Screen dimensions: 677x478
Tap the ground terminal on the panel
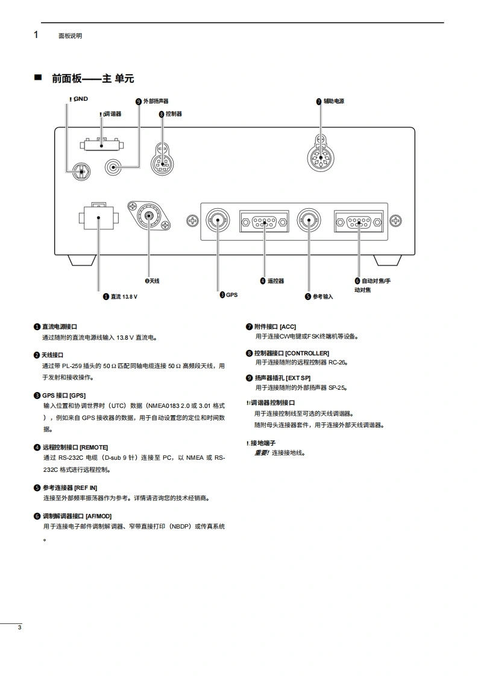pos(81,172)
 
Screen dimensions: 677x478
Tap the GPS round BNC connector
pos(218,220)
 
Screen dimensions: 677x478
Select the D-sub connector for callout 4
pos(263,221)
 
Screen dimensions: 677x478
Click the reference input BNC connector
pos(309,220)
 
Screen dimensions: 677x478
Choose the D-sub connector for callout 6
pos(359,221)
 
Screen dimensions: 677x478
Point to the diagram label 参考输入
pos(322,296)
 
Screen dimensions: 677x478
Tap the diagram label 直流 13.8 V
pos(124,296)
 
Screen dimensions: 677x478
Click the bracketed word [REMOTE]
pos(93,447)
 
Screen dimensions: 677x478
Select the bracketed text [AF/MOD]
pos(98,516)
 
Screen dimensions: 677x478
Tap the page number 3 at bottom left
pos(20,628)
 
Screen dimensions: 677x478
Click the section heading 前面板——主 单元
pos(93,78)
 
